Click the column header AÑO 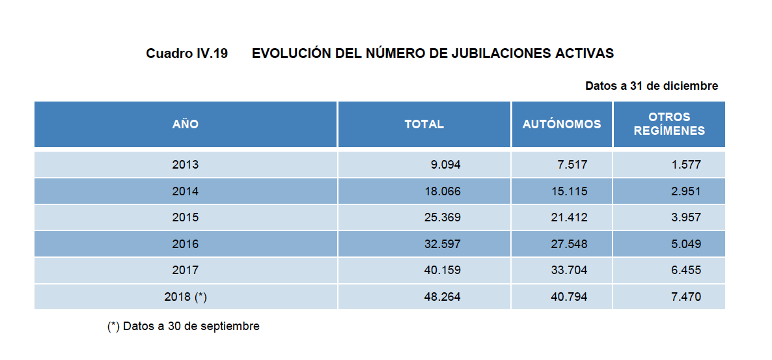coord(186,124)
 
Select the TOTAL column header coord(424,124)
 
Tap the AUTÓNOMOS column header coord(562,124)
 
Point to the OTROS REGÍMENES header coord(669,124)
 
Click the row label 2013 coord(186,165)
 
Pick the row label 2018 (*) coord(186,297)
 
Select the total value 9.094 coord(445,165)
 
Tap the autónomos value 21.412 coord(568,217)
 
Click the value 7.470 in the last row coord(686,297)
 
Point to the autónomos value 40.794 coord(568,297)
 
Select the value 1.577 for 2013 coord(686,165)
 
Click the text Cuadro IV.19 coord(187,54)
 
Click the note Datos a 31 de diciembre coord(652,86)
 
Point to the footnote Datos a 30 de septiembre coord(184,326)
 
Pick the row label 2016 coord(186,244)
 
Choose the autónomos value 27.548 coord(568,244)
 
